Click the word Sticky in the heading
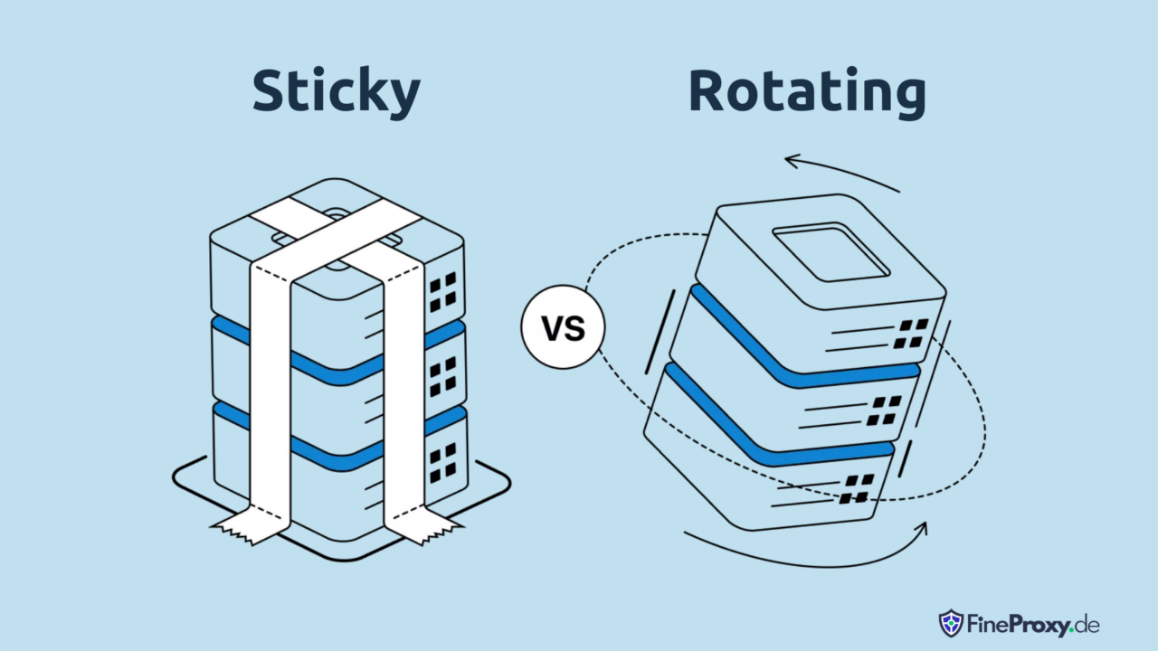coord(336,92)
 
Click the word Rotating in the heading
coord(806,92)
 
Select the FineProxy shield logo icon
coord(951,623)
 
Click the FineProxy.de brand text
coord(1031,624)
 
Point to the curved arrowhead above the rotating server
coord(793,162)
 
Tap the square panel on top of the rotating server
coord(831,252)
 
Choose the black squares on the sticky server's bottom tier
coord(443,461)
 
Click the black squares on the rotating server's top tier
coord(912,333)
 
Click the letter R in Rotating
coord(707,92)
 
